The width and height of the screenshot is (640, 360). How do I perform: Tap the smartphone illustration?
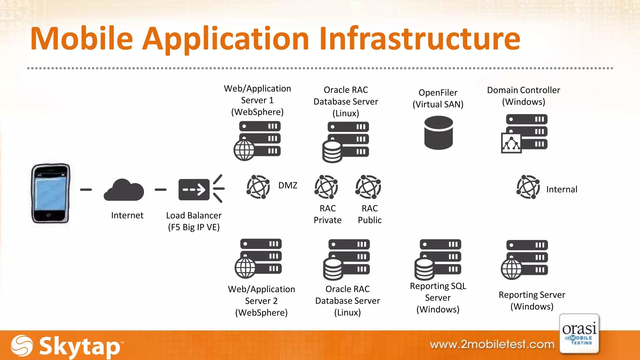coord(50,193)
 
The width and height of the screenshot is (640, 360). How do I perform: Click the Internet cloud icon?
coord(124,191)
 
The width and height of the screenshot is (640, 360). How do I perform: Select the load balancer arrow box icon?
coord(194,189)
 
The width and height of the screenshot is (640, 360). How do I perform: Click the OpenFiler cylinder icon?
coord(438,133)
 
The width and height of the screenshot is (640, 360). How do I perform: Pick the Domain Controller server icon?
coord(524,133)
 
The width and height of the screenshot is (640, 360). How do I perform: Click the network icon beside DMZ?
coord(258,187)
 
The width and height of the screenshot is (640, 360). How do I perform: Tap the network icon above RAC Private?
coord(326,187)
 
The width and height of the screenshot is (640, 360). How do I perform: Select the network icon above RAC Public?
coord(368,187)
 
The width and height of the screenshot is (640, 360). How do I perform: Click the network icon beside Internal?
coord(528,187)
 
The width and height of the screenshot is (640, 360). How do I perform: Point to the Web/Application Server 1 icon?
coord(257,141)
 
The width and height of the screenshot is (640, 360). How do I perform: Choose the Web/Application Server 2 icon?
coord(258,258)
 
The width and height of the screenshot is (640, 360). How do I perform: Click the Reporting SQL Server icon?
coord(438,259)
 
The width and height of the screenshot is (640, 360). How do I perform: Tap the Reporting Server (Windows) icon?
coord(525,259)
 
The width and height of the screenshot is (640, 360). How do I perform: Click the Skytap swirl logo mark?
coord(22,346)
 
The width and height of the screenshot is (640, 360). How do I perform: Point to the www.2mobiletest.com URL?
coord(492,344)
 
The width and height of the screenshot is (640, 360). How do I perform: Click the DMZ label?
coord(287,185)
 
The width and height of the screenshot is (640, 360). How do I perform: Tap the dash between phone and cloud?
coord(86,190)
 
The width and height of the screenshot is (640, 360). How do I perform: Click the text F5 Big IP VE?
coord(194,227)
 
